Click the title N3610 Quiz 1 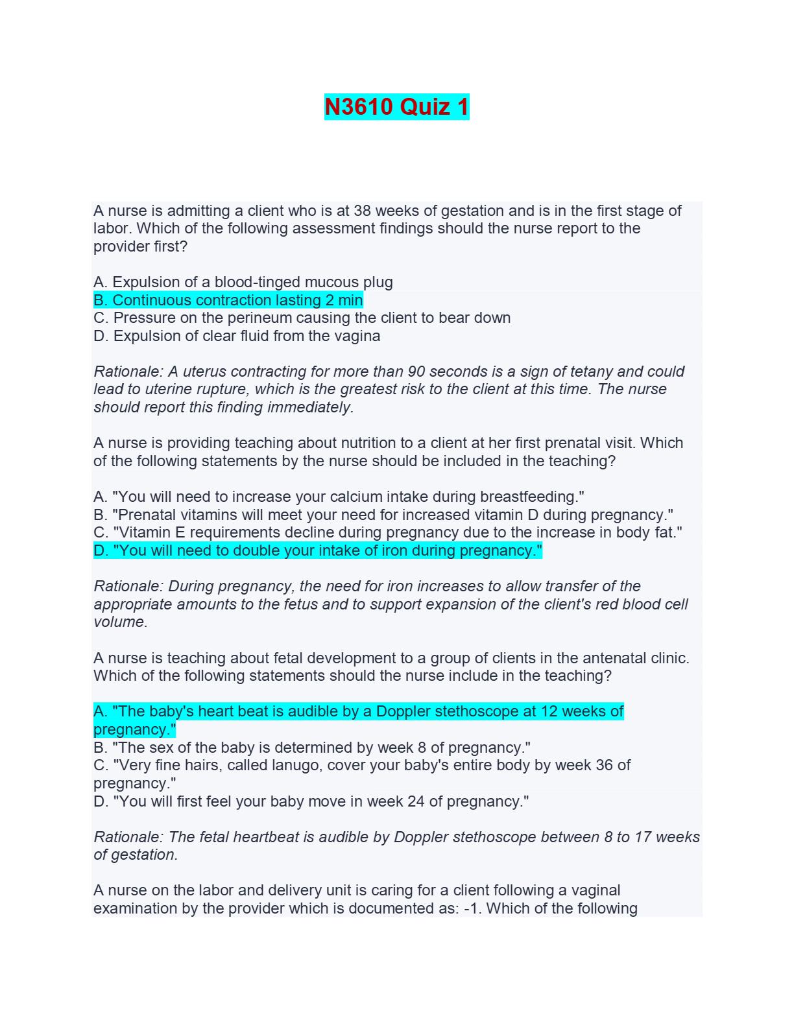pyautogui.click(x=396, y=107)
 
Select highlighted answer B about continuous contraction pyautogui.click(x=228, y=300)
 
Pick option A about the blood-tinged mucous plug pyautogui.click(x=243, y=282)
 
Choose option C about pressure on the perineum pyautogui.click(x=302, y=318)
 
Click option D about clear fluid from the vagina pyautogui.click(x=237, y=336)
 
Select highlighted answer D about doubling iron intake pyautogui.click(x=318, y=550)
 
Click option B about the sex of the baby pyautogui.click(x=312, y=748)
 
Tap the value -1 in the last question pyautogui.click(x=472, y=908)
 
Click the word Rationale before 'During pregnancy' pyautogui.click(x=128, y=586)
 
